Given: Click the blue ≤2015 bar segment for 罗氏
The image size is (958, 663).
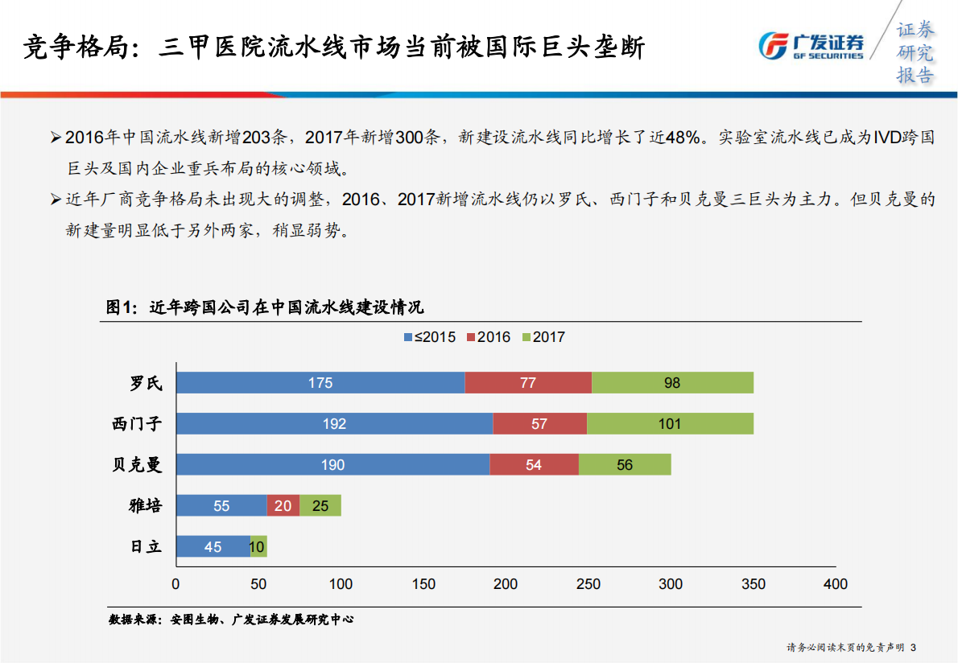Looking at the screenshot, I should pyautogui.click(x=320, y=383).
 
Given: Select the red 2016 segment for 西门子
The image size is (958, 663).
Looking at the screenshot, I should pyautogui.click(x=539, y=424).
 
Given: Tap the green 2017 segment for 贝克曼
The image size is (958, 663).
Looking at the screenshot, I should pyautogui.click(x=625, y=465).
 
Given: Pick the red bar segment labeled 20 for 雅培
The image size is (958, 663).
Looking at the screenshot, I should pyautogui.click(x=283, y=506).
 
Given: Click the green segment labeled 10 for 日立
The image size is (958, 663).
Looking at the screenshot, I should pyautogui.click(x=258, y=547).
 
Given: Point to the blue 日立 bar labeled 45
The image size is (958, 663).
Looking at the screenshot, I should pyautogui.click(x=213, y=547).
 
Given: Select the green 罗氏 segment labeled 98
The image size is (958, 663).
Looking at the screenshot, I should pyautogui.click(x=672, y=383).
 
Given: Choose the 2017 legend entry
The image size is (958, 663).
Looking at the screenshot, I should pyautogui.click(x=543, y=337).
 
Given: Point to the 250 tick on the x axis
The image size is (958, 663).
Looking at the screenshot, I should pyautogui.click(x=588, y=584).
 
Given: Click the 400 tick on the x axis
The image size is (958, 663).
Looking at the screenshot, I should pyautogui.click(x=836, y=584).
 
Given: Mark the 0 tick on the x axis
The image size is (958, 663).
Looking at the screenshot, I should pyautogui.click(x=176, y=584).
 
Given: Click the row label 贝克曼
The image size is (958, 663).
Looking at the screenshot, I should pyautogui.click(x=137, y=465).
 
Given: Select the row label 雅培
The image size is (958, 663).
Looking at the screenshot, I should pyautogui.click(x=146, y=506).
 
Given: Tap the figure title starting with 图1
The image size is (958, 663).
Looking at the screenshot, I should pyautogui.click(x=266, y=307).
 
